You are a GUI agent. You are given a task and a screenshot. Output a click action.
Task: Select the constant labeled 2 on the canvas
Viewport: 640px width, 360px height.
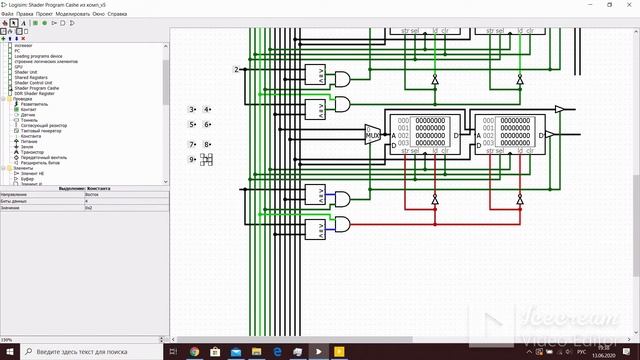click(236, 69)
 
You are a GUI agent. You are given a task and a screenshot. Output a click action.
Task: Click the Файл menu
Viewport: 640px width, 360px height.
click(7, 15)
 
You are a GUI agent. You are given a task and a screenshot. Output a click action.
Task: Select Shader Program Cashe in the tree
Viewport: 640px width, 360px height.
click(39, 88)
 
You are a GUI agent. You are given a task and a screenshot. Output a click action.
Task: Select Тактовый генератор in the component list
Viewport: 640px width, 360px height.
click(40, 130)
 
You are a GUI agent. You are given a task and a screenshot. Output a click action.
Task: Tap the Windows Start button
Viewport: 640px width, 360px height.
click(7, 352)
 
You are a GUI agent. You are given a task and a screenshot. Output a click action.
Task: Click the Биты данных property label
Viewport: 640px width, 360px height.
click(15, 201)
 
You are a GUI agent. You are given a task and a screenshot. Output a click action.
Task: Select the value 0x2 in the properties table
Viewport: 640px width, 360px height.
click(88, 207)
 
